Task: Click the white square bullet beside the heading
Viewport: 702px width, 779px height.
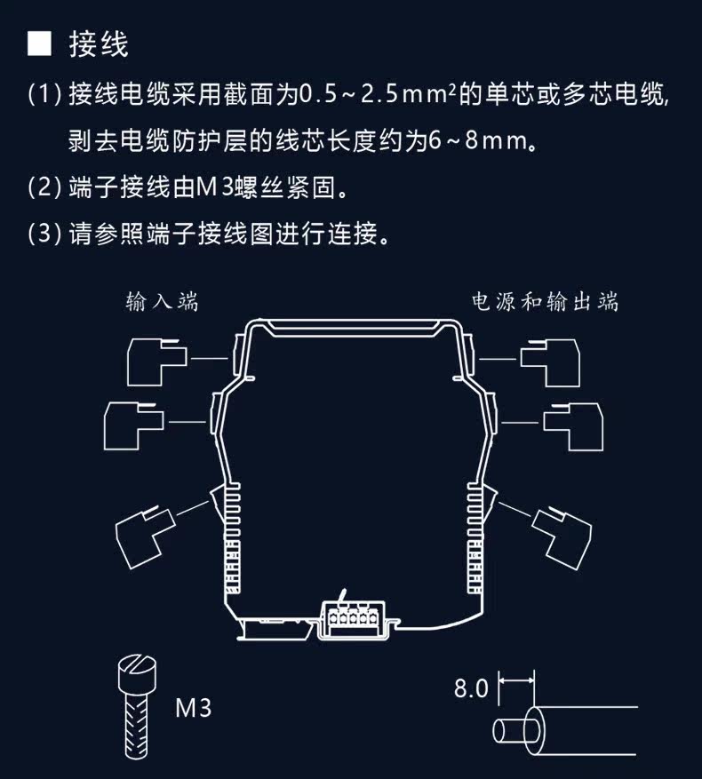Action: coord(39,44)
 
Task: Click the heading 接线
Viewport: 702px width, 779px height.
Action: coord(99,44)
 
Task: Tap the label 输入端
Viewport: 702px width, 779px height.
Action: coord(162,302)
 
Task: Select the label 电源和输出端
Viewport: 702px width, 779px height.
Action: coord(545,302)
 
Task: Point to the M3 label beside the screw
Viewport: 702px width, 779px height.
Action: coord(194,708)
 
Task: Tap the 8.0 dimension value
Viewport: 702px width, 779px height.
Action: coord(471,688)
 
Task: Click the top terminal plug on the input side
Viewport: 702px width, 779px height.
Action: coord(157,362)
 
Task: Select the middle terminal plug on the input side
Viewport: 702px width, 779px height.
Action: coord(134,425)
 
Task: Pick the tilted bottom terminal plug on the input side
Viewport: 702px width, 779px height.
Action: coord(145,537)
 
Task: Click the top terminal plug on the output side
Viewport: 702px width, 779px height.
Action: coord(550,362)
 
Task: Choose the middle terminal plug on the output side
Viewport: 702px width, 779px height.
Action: coord(573,426)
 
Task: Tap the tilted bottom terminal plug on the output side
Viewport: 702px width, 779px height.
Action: coord(562,537)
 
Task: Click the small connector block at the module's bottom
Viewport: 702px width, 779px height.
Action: coord(353,619)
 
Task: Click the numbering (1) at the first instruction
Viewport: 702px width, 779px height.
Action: coord(44,94)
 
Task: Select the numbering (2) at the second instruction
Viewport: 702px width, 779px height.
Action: coord(44,187)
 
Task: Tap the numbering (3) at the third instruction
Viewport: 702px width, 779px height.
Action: coord(44,234)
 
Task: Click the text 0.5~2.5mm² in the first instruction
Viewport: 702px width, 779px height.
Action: coord(378,94)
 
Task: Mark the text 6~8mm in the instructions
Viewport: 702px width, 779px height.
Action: coord(477,141)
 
